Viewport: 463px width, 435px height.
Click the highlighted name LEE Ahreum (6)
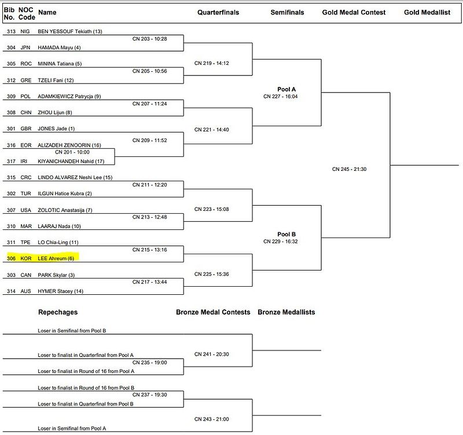[56, 258]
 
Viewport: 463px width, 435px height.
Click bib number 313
[10, 31]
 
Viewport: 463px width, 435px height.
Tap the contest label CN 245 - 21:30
[350, 169]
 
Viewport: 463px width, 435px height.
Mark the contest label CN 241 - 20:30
[212, 354]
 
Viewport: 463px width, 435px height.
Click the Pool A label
[286, 89]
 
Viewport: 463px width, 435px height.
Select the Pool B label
[286, 234]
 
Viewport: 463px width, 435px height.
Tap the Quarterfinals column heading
[218, 12]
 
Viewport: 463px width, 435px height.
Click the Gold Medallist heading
[427, 12]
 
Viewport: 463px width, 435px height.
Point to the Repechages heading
[58, 312]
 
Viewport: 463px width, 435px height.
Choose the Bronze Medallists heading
[286, 312]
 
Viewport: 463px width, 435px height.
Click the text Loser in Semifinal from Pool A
[72, 428]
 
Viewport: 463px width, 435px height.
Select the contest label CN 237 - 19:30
[149, 394]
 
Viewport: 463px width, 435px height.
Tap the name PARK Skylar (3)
[56, 275]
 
